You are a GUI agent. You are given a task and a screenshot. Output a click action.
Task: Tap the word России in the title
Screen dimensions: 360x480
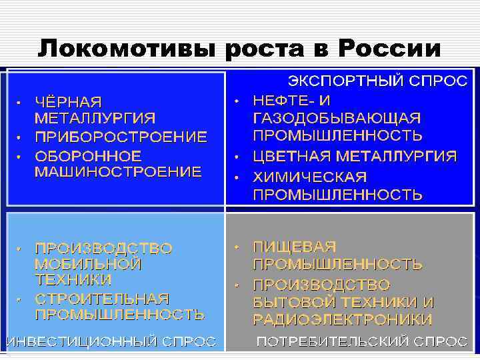[390, 48]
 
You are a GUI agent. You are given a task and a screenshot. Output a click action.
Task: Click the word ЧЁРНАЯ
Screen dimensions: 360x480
[69, 102]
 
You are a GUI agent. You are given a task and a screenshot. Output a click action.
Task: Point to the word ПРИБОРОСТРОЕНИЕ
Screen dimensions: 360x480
[121, 137]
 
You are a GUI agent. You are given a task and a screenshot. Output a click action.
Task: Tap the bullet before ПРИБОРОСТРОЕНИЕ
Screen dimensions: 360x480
[20, 137]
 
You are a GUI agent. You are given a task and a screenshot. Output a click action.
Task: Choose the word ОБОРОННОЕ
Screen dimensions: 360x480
[88, 156]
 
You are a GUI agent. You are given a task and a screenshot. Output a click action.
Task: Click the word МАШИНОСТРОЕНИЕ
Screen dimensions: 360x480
[118, 172]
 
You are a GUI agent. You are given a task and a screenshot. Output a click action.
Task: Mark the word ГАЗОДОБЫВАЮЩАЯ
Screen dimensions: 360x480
[337, 118]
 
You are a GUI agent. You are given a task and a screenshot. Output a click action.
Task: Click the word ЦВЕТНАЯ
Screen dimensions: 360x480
[291, 157]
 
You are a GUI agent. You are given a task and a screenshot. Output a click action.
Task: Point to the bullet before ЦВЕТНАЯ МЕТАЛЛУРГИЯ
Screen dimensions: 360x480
[237, 157]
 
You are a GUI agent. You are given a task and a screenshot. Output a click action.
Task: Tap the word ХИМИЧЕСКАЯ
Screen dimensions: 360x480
[310, 177]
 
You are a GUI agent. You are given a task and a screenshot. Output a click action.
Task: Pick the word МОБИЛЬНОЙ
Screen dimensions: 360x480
[88, 264]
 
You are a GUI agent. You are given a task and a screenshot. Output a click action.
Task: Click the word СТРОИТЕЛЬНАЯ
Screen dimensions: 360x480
[102, 298]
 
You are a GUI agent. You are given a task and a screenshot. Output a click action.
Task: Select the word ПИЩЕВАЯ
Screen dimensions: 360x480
[295, 247]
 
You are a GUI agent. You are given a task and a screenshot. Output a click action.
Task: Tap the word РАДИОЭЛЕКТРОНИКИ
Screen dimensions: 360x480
[343, 319]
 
